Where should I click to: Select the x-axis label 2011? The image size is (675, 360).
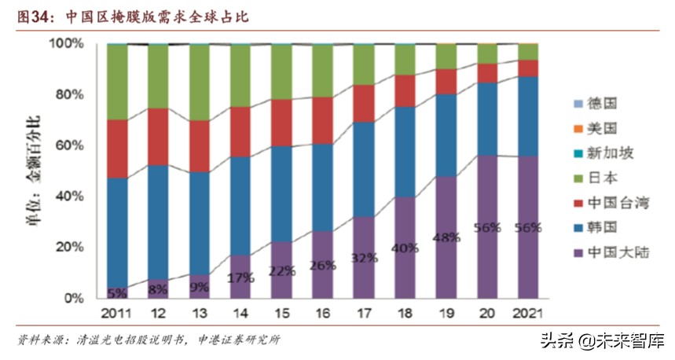pyautogui.click(x=117, y=314)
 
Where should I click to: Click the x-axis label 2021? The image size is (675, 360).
pyautogui.click(x=527, y=314)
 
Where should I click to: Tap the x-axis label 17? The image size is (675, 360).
pyautogui.click(x=363, y=314)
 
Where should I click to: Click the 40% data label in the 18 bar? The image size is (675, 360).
pyautogui.click(x=405, y=248)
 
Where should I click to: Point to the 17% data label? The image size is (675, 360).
pyautogui.click(x=240, y=277)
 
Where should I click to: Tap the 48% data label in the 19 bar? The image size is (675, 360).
pyautogui.click(x=446, y=238)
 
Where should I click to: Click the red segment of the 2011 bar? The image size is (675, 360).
pyautogui.click(x=117, y=149)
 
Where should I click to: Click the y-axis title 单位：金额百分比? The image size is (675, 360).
pyautogui.click(x=39, y=171)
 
